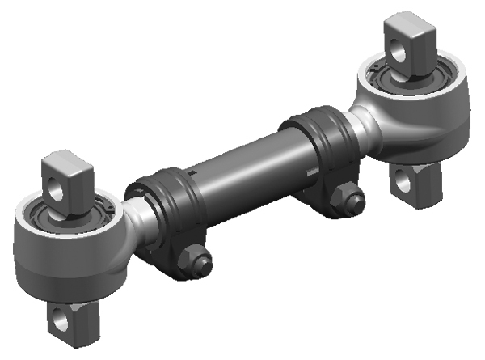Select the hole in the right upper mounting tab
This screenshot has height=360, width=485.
coord(399,51)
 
